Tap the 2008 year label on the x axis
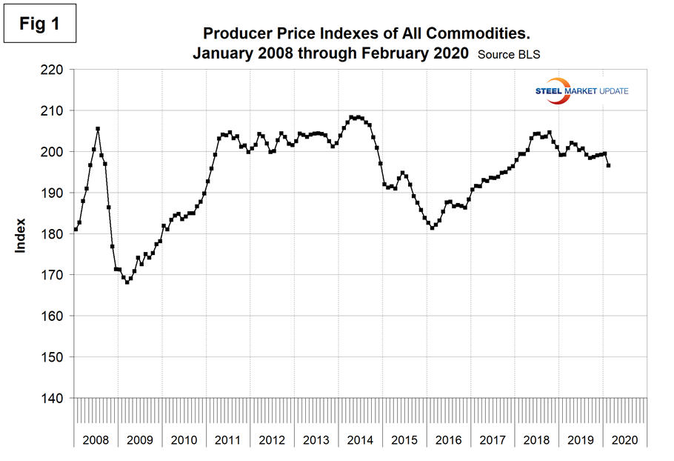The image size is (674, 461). tap(96, 440)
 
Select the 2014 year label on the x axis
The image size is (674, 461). tap(360, 440)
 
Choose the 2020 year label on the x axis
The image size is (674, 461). tap(624, 440)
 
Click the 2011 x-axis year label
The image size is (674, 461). tap(228, 440)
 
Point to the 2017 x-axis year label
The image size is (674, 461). tap(493, 440)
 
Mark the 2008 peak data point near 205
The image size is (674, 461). tap(98, 129)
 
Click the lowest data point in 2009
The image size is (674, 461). tap(127, 282)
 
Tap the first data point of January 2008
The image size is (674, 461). tap(76, 229)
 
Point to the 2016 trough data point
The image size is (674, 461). tap(433, 228)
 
